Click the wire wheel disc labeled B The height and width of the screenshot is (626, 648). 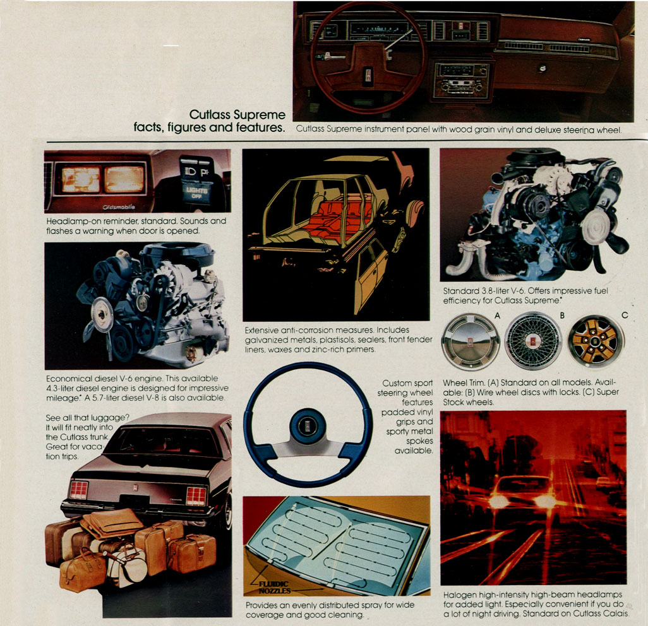point(533,341)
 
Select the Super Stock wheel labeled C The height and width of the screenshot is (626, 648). point(596,341)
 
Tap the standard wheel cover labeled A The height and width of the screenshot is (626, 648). point(471,341)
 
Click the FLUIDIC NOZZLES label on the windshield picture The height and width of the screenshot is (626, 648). point(273,587)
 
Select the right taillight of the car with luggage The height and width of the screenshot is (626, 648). point(196,496)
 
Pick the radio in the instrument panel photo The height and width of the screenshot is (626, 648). point(461,81)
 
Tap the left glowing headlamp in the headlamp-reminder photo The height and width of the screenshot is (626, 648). point(81,180)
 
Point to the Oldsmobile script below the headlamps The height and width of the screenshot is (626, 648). point(119,207)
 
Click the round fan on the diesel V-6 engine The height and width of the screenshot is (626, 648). point(102,315)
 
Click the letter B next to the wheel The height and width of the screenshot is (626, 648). point(562,316)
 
